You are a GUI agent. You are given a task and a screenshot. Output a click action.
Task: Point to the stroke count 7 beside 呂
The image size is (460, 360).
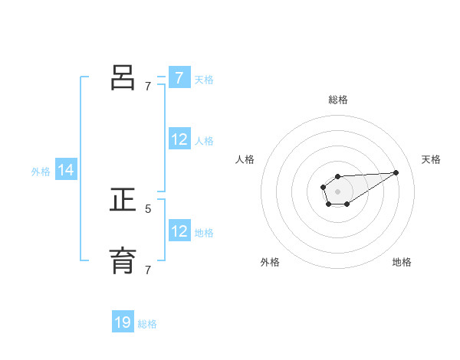pyautogui.click(x=148, y=87)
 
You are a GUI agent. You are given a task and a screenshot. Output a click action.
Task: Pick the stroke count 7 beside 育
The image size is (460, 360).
pyautogui.click(x=148, y=270)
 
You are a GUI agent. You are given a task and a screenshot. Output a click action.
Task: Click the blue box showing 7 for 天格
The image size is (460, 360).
pyautogui.click(x=179, y=77)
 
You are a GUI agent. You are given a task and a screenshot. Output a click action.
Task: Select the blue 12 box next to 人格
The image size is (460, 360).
pyautogui.click(x=179, y=139)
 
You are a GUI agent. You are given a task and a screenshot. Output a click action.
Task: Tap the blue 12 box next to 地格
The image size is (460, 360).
pyautogui.click(x=179, y=231)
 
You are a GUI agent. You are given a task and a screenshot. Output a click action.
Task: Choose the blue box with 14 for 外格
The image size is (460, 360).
pyautogui.click(x=66, y=171)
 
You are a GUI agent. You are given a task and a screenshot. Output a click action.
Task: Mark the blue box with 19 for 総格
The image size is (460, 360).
pyautogui.click(x=123, y=322)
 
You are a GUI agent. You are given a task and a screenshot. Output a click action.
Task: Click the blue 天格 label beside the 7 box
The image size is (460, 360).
pyautogui.click(x=204, y=79)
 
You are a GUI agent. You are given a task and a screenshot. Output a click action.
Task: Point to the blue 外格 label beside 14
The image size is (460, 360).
pyautogui.click(x=41, y=172)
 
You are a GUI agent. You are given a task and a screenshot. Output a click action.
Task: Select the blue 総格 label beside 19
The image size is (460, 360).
pyautogui.click(x=147, y=324)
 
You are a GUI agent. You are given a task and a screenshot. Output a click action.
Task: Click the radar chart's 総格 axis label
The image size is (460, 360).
pyautogui.click(x=338, y=100)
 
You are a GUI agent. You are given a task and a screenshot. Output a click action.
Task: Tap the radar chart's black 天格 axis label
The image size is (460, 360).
pyautogui.click(x=431, y=159)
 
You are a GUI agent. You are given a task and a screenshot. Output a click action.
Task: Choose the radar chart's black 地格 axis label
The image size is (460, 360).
pyautogui.click(x=402, y=262)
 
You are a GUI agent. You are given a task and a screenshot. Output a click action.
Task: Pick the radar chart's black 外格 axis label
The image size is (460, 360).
pyautogui.click(x=270, y=262)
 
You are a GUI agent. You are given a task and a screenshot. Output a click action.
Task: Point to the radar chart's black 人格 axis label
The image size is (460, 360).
pyautogui.click(x=245, y=159)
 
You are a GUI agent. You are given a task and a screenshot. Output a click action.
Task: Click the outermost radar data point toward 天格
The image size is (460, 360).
pyautogui.click(x=396, y=172)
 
